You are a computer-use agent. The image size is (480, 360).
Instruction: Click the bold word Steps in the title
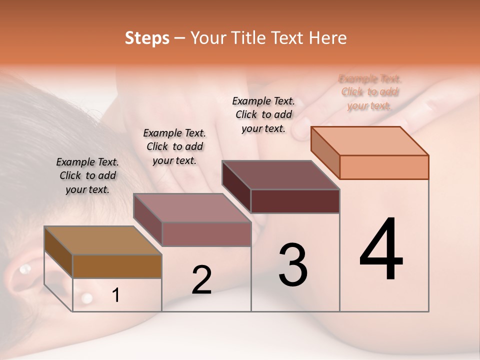[147, 38]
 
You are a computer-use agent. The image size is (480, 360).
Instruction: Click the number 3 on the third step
[292, 264]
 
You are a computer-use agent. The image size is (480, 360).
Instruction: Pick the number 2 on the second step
[201, 280]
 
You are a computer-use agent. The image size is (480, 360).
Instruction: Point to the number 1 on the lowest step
[115, 295]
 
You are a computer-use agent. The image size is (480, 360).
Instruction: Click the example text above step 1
[87, 175]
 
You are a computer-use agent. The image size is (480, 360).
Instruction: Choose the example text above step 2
[174, 146]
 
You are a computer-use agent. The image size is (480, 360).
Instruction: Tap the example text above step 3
[263, 114]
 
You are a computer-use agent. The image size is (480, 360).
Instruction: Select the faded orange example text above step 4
[370, 92]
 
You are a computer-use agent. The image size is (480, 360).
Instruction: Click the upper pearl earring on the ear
[24, 269]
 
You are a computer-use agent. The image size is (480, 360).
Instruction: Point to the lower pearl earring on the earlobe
[86, 298]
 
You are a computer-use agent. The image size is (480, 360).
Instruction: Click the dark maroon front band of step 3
[295, 201]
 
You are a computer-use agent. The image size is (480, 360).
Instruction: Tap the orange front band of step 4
[384, 167]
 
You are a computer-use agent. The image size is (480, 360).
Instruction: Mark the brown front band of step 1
[117, 266]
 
